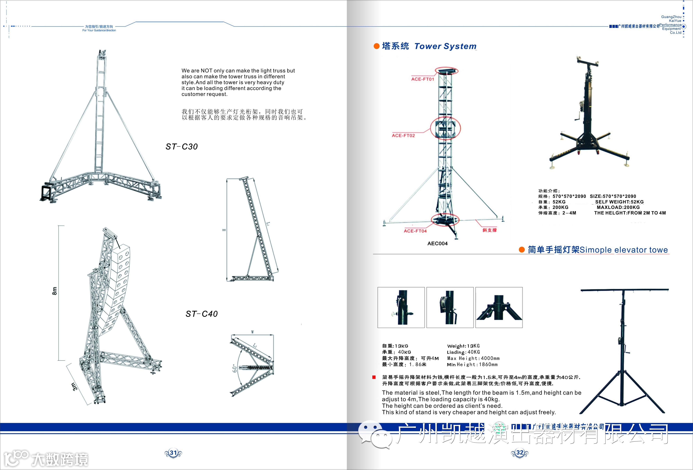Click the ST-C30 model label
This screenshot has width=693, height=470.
tap(182, 147)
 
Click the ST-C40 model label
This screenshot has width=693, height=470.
tap(202, 314)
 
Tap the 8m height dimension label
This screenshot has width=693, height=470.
tap(55, 291)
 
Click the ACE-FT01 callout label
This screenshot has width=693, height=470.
tap(423, 79)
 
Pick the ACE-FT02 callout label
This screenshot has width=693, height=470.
tap(403, 136)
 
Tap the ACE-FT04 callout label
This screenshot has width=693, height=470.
tap(415, 231)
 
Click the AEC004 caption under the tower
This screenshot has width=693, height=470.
tap(437, 244)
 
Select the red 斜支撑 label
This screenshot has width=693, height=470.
tap(490, 230)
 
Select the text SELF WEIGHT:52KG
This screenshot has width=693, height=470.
tap(619, 202)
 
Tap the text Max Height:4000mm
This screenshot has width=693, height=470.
tap(473, 358)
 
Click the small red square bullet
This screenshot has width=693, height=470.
tap(374, 377)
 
